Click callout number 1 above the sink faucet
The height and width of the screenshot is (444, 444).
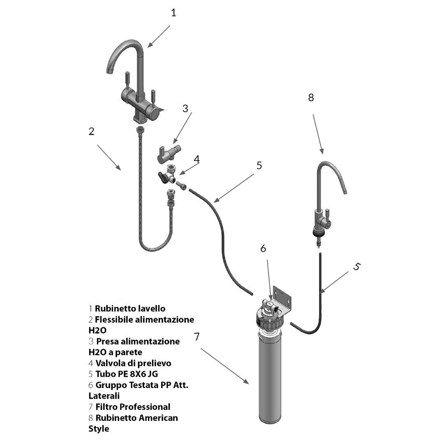tap(173, 13)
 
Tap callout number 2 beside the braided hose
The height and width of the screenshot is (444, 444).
tap(91, 131)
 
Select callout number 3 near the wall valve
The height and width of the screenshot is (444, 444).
tap(185, 108)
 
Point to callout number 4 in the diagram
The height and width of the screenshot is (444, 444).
tap(197, 159)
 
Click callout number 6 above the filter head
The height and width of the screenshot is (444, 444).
tap(263, 248)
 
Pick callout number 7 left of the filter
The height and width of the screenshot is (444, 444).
tap(197, 336)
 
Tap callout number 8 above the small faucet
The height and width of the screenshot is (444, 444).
tap(311, 97)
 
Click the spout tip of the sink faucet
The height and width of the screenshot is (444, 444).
tap(109, 71)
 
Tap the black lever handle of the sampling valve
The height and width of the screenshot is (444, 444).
tap(163, 177)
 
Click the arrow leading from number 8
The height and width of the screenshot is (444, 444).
tap(317, 134)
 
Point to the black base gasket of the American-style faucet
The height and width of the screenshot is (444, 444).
tap(319, 233)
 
